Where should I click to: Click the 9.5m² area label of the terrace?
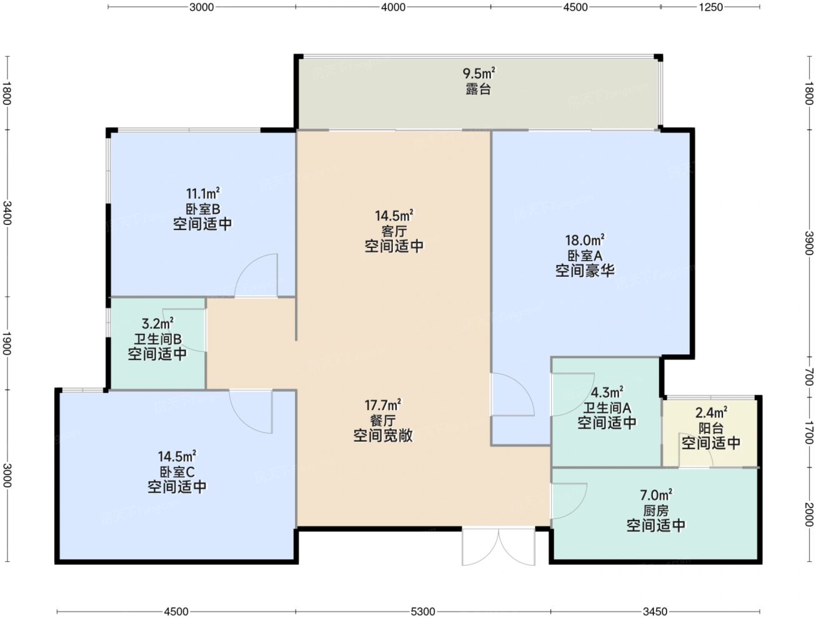(479, 73)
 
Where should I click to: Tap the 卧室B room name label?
(203, 209)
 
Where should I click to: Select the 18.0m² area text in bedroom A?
(585, 240)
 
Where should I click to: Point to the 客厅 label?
(394, 231)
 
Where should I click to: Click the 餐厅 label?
(383, 421)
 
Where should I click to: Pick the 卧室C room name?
(177, 472)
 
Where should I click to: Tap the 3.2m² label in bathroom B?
(158, 323)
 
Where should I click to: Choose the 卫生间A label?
(607, 408)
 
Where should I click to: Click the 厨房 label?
(656, 511)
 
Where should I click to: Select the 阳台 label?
(711, 428)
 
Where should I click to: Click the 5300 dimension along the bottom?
(423, 611)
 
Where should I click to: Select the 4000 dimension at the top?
(393, 7)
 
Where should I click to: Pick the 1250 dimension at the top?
(710, 7)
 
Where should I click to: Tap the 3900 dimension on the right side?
(809, 243)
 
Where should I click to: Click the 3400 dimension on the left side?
(7, 213)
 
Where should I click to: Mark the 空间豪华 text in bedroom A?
(585, 271)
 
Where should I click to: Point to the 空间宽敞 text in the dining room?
(383, 436)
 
